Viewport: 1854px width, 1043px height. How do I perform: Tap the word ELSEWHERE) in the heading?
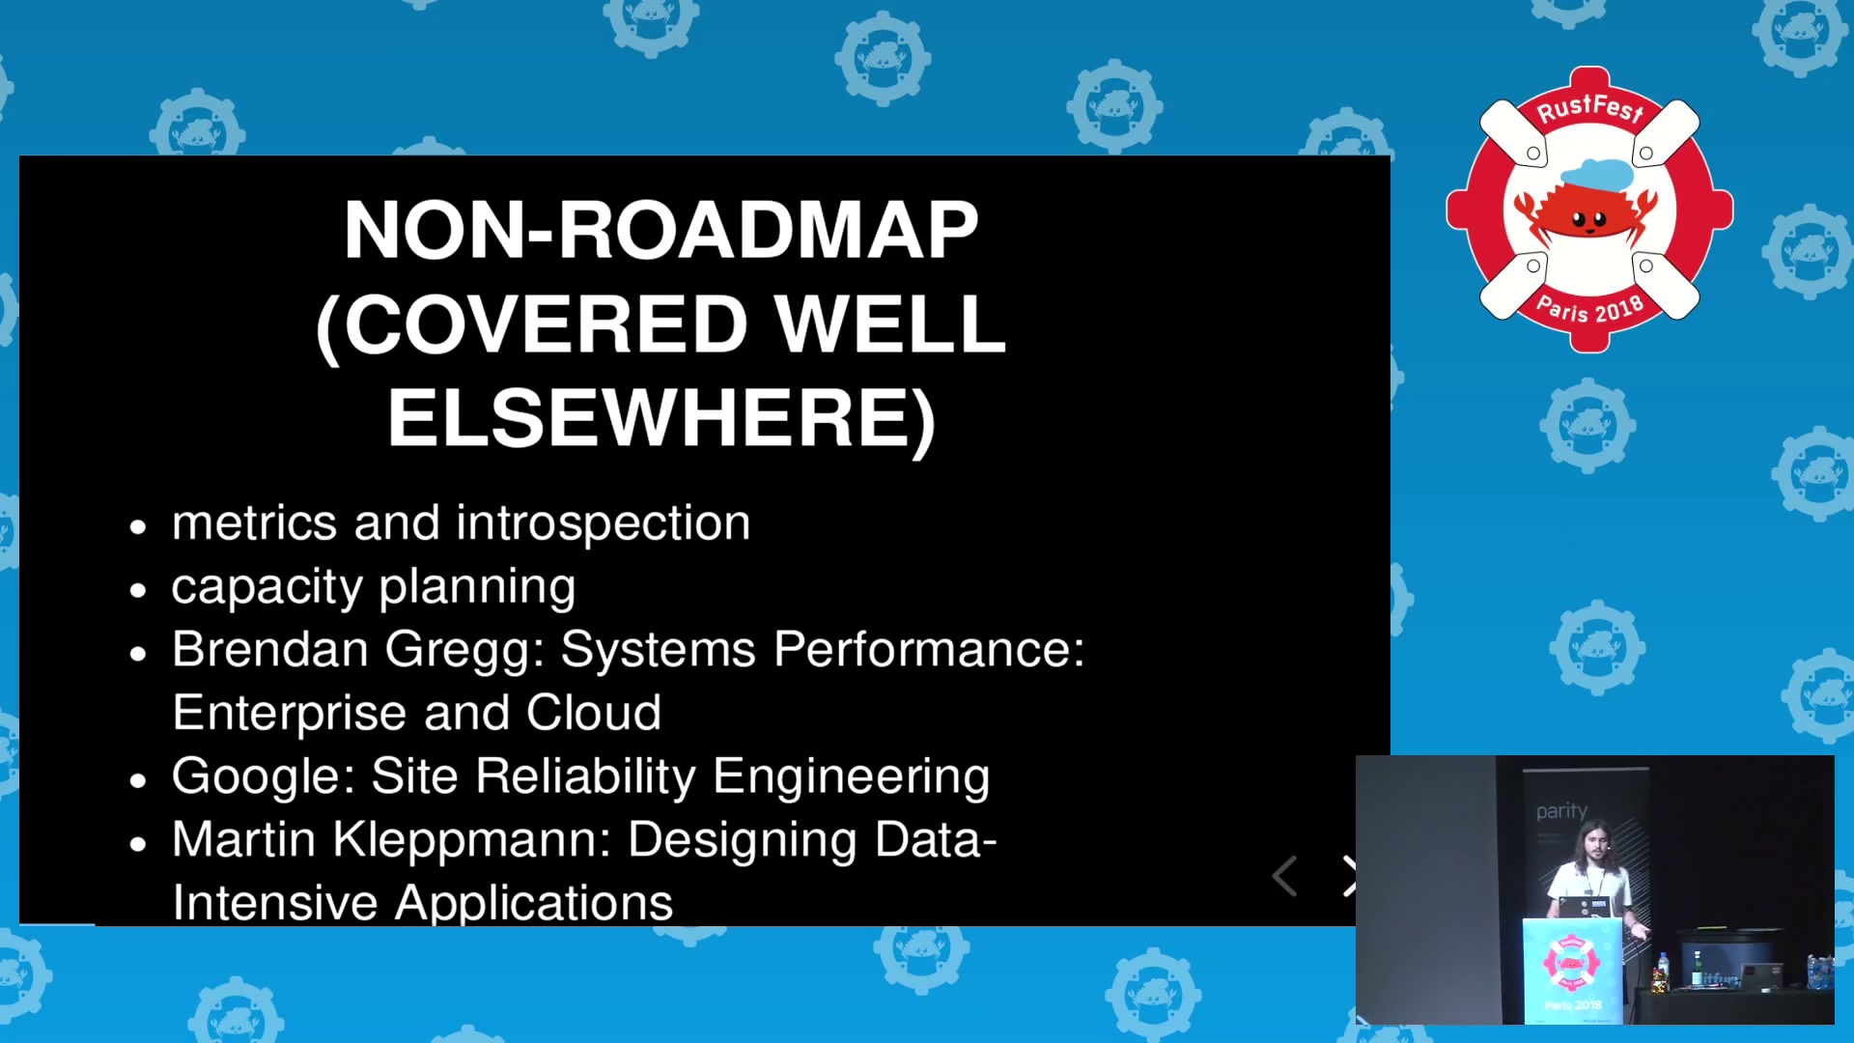(x=661, y=419)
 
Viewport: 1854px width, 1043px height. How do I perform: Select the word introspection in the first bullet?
(x=604, y=524)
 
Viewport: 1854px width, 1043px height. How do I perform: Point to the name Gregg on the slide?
(x=464, y=651)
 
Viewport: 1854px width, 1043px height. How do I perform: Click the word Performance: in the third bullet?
(x=929, y=649)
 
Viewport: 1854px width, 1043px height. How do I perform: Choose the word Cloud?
(x=594, y=713)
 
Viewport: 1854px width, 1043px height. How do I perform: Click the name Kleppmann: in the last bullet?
(x=473, y=840)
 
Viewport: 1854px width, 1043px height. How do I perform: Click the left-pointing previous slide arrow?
(x=1284, y=876)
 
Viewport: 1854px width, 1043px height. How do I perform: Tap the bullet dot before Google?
(x=138, y=780)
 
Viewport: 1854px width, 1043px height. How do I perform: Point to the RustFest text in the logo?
(x=1589, y=108)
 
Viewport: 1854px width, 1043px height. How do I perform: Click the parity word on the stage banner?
(x=1561, y=811)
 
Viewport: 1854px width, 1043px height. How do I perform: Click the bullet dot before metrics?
(x=138, y=527)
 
